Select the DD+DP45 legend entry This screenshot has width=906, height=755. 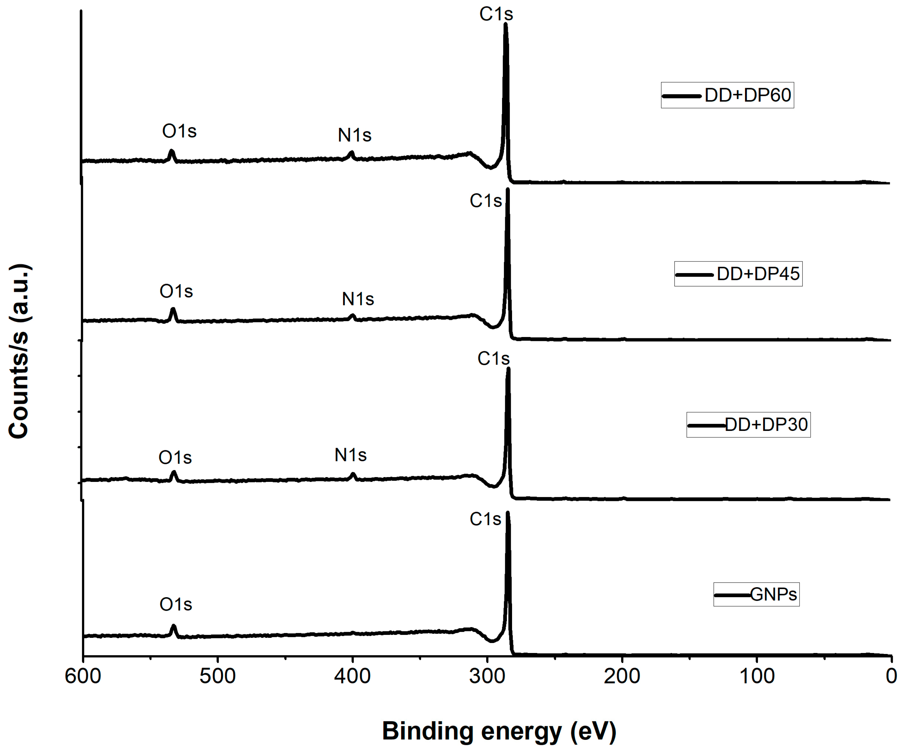[738, 274]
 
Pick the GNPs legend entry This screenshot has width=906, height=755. [756, 595]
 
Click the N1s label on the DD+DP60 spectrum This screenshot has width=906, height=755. [354, 136]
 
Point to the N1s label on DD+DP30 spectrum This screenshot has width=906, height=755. [350, 455]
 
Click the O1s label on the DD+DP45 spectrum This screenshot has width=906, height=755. [176, 292]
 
